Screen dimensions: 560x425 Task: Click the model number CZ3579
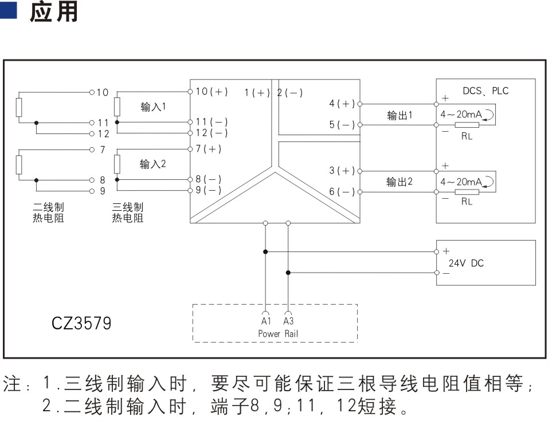point(81,323)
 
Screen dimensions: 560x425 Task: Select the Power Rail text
point(278,334)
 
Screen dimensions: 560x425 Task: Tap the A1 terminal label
point(266,321)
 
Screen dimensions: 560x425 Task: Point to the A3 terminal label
point(288,321)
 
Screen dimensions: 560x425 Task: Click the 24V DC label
point(466,263)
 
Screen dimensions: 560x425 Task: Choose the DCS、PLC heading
point(485,91)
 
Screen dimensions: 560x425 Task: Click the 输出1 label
point(400,115)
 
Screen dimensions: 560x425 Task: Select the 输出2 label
point(400,182)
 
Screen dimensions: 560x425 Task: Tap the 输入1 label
point(153,107)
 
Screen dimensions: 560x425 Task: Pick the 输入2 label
point(152,164)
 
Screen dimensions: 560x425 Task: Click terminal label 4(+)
point(342,104)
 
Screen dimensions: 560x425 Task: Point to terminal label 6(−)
point(342,192)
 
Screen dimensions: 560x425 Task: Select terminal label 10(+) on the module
point(212,92)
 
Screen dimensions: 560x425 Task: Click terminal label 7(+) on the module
point(209,149)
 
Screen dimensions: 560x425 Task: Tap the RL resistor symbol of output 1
point(467,125)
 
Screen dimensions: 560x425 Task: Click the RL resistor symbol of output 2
point(467,192)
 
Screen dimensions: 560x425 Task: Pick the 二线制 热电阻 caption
point(48,213)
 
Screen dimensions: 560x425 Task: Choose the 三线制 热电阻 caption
point(127,213)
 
